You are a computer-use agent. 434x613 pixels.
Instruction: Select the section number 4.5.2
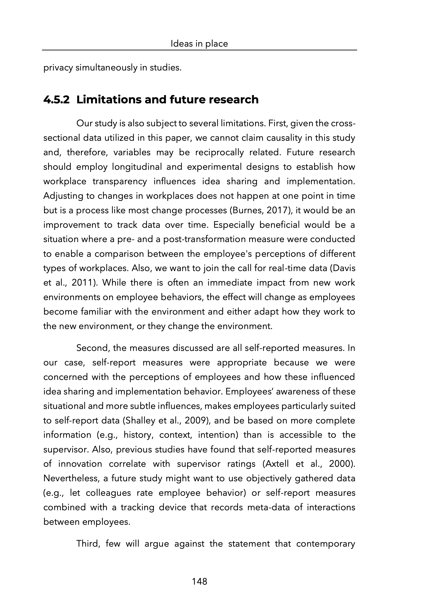point(56,100)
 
